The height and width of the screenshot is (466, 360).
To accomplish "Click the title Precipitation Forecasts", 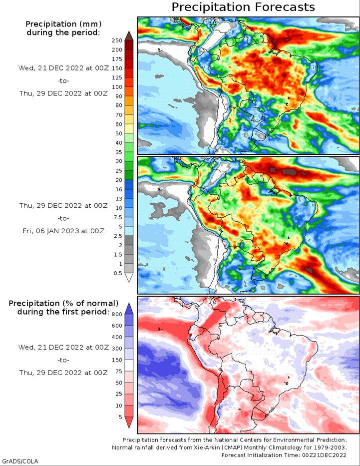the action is (243, 7).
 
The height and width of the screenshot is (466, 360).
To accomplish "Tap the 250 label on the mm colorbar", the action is (117, 40).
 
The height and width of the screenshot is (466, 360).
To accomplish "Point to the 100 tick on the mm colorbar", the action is (117, 87).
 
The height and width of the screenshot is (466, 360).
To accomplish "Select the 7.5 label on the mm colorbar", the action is (118, 217).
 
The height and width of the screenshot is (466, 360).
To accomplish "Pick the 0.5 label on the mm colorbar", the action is (118, 273).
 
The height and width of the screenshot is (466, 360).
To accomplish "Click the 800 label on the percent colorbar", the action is (117, 314).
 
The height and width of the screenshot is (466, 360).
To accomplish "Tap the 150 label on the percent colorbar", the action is (117, 360).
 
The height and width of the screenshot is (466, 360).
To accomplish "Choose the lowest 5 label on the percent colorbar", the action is (120, 417).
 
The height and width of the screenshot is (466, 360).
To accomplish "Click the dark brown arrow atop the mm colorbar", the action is (129, 35).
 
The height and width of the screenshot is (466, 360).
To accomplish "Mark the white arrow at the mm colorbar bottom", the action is (129, 278).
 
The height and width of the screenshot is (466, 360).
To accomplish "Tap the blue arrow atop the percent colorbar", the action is (129, 309).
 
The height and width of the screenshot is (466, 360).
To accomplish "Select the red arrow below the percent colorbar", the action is (129, 423).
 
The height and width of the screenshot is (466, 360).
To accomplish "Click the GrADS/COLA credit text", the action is (19, 462).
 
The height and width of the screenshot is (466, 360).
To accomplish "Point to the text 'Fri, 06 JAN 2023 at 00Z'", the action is (63, 231).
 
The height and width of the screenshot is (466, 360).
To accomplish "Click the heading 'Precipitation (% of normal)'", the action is (63, 303).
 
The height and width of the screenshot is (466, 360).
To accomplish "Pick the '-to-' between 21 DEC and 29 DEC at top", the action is (63, 80).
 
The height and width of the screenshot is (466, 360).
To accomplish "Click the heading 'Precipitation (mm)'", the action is (63, 24).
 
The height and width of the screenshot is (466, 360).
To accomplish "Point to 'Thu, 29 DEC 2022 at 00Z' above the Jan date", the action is (63, 205).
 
